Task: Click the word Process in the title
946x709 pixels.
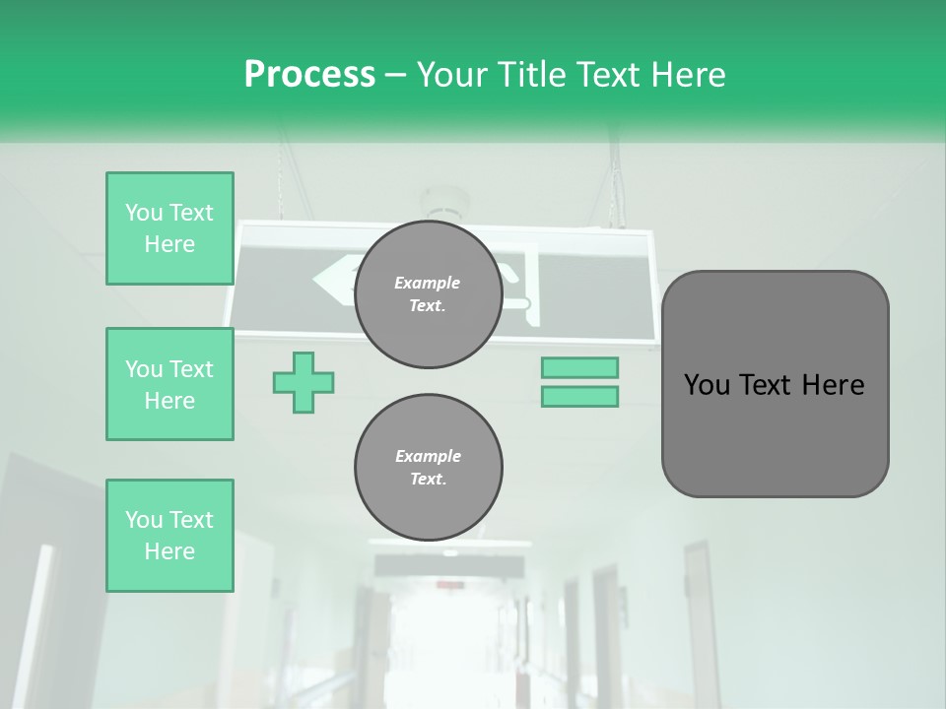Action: pyautogui.click(x=309, y=75)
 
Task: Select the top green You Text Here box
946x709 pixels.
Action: pyautogui.click(x=169, y=228)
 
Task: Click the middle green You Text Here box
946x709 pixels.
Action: pyautogui.click(x=169, y=384)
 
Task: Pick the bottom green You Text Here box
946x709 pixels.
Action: pyautogui.click(x=169, y=536)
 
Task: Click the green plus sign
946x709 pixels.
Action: pyautogui.click(x=304, y=382)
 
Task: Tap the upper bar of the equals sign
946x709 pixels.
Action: pyautogui.click(x=579, y=367)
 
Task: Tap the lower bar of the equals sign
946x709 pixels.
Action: pyautogui.click(x=579, y=397)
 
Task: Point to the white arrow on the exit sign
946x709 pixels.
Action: pyautogui.click(x=333, y=281)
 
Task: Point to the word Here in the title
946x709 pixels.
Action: pyautogui.click(x=688, y=75)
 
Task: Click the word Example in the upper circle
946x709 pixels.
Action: pyautogui.click(x=428, y=283)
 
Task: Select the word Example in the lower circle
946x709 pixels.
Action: pyautogui.click(x=428, y=456)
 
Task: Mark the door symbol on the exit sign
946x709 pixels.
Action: pyautogui.click(x=522, y=286)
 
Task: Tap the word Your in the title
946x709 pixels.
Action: pyautogui.click(x=451, y=75)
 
